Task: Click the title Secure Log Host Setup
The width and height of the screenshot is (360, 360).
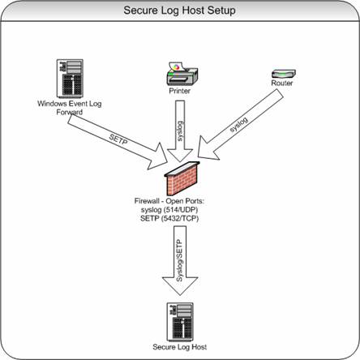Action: pyautogui.click(x=179, y=11)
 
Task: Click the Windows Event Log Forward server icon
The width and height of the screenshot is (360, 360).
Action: pyautogui.click(x=70, y=79)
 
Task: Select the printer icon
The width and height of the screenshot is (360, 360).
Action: pyautogui.click(x=182, y=74)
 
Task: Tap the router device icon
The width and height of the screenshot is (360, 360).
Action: pyautogui.click(x=284, y=74)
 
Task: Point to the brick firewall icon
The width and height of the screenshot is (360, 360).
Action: pyautogui.click(x=182, y=178)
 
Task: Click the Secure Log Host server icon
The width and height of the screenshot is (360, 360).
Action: pyautogui.click(x=180, y=322)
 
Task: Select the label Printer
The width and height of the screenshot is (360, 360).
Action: pyautogui.click(x=179, y=91)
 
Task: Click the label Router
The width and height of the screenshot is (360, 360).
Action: pyautogui.click(x=282, y=83)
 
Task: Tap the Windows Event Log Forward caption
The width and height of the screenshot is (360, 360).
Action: pyautogui.click(x=70, y=108)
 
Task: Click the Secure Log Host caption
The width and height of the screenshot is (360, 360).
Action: pyautogui.click(x=180, y=347)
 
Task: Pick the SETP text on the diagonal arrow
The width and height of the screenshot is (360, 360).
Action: pyautogui.click(x=118, y=139)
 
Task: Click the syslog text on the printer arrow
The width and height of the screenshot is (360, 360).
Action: pyautogui.click(x=180, y=131)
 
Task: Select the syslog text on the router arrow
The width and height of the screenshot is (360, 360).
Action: pyautogui.click(x=238, y=125)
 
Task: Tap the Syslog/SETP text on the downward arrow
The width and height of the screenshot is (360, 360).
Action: pyautogui.click(x=179, y=260)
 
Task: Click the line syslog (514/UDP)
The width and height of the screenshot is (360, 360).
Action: pyautogui.click(x=169, y=210)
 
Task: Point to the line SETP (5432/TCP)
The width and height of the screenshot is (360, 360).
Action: pyautogui.click(x=169, y=218)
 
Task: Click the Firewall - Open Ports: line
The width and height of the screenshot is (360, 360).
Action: pyautogui.click(x=169, y=201)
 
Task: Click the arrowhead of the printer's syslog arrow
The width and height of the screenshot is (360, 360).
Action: pyautogui.click(x=180, y=155)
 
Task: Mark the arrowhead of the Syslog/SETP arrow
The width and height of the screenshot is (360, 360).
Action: pyautogui.click(x=180, y=285)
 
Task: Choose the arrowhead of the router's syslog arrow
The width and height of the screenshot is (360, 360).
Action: pyautogui.click(x=207, y=150)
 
